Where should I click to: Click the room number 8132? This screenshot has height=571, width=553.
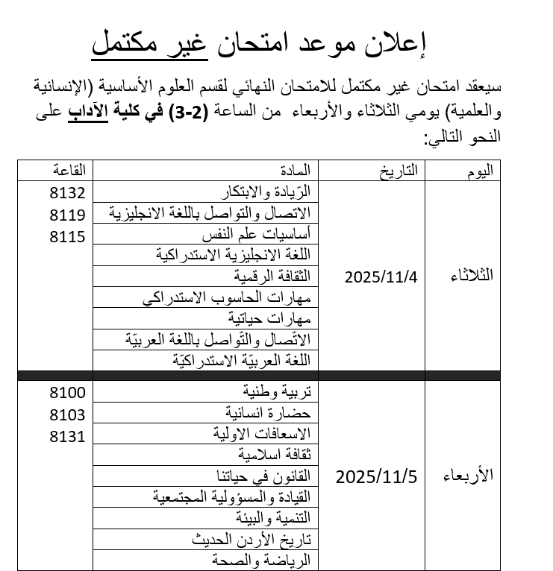point(67,193)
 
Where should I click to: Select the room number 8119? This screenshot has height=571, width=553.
point(67,215)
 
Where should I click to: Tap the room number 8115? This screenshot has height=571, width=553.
point(67,236)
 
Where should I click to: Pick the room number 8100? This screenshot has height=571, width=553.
point(67,393)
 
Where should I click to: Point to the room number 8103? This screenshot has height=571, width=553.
point(67,414)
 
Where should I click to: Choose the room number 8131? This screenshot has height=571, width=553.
point(67,436)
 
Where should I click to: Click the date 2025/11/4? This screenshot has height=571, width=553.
point(381,277)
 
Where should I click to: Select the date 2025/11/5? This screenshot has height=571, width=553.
point(376,476)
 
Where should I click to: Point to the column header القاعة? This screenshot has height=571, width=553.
point(69,171)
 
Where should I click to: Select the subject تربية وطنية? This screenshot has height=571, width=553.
point(280,391)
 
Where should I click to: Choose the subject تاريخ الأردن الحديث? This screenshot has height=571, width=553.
point(251,538)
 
